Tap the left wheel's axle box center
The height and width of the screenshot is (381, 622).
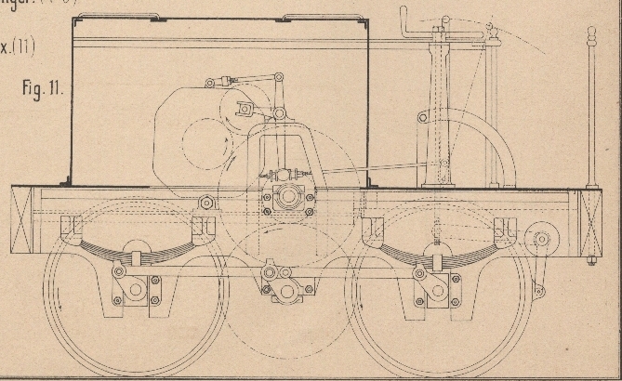137,289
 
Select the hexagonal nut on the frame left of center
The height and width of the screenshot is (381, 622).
206,202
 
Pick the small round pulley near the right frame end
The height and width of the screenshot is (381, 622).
541,240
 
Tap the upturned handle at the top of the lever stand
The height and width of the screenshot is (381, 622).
404,17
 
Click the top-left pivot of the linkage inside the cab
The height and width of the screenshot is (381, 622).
210,83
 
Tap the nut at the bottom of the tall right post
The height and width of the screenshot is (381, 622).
591,261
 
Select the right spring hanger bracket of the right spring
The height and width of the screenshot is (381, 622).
505,229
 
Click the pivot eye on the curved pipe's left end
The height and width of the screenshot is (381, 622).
422,118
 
